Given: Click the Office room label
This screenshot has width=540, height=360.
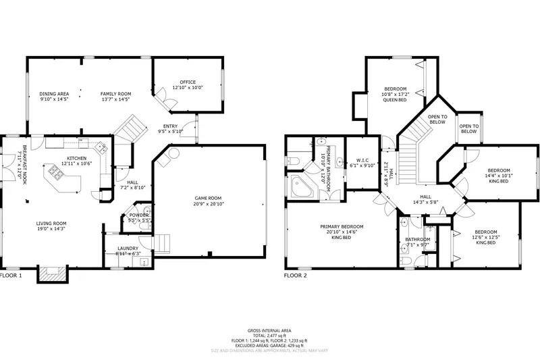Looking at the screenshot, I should coord(188,82).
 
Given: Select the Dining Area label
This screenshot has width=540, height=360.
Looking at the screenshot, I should coord(53,94).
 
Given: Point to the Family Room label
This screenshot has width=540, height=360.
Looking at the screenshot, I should coord(115,94).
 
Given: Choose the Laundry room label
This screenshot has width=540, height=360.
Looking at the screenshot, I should coord(128,249).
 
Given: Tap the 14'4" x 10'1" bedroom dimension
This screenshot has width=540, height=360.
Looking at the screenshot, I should coord(500,176).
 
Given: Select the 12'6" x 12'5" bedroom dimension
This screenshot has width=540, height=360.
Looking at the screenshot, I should coord(486,237).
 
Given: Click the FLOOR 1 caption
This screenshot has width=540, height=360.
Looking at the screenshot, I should coord(11,276).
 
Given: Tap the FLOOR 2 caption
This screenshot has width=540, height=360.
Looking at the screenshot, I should coord(295,276).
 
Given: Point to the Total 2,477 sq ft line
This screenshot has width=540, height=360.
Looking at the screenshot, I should coord(270,335).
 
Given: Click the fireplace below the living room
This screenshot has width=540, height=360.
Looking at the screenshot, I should coord(51,274).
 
